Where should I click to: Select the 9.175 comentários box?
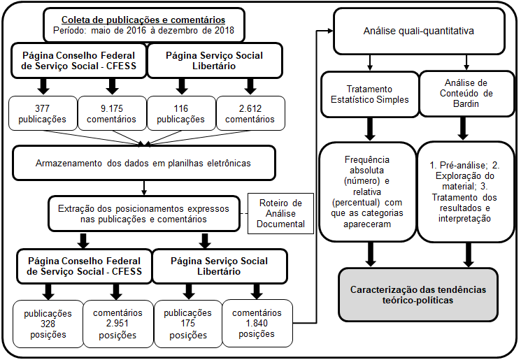click(112, 113)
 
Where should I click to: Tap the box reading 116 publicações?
click(181, 113)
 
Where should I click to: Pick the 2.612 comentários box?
click(250, 113)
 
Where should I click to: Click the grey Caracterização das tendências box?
click(418, 294)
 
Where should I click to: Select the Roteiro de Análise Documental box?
click(277, 213)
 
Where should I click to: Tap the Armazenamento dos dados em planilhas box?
click(143, 164)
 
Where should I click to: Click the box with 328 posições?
click(48, 324)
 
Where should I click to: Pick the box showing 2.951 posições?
click(117, 324)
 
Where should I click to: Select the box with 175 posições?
click(187, 324)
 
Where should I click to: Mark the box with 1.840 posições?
click(256, 324)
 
